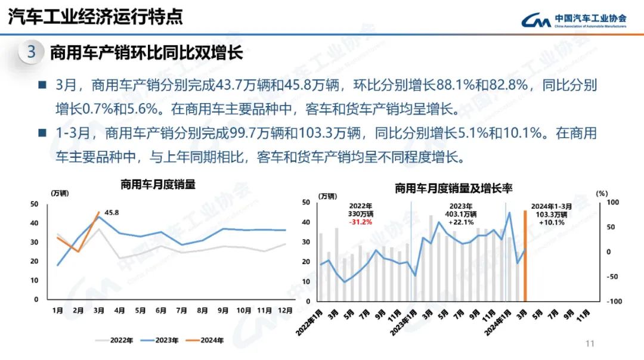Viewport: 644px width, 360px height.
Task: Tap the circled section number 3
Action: pos(32,52)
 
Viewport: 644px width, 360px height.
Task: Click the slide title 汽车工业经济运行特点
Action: pos(95,17)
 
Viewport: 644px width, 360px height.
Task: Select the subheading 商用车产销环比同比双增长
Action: pos(146,52)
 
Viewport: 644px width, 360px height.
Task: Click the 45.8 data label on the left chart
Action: pos(112,212)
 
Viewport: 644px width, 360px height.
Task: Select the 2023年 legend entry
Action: pos(160,340)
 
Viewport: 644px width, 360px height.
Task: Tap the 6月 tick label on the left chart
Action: pos(161,311)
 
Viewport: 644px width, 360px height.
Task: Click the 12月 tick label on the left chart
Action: pos(284,311)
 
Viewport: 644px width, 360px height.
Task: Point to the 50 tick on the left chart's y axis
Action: pos(34,204)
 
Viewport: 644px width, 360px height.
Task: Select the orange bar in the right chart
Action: pos(525,256)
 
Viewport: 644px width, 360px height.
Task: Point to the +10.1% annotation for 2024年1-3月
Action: pos(551,222)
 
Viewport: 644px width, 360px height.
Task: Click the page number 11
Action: pos(590,344)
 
